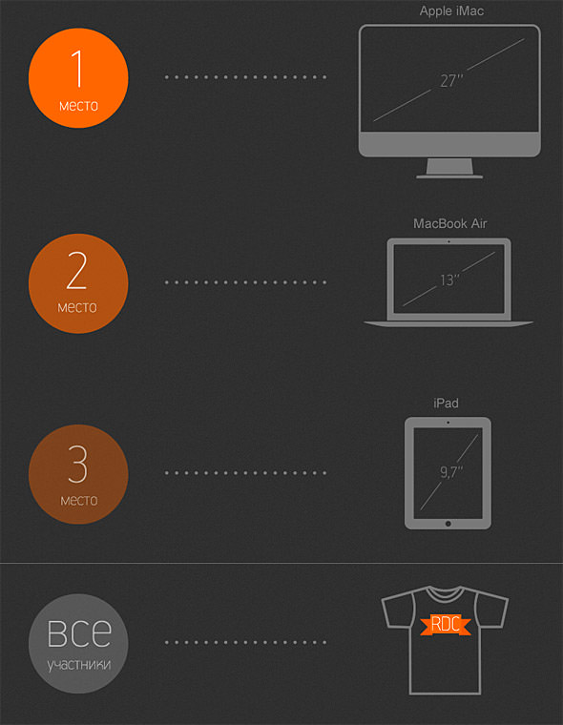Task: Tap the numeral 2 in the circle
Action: pos(76,272)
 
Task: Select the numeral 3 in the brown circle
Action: pos(77,465)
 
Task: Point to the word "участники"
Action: pos(78,665)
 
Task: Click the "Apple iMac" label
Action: pos(451,11)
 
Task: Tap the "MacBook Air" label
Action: pos(449,224)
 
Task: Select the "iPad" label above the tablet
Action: pos(446,404)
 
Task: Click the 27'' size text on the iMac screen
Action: pos(451,81)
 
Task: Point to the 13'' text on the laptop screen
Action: pos(449,280)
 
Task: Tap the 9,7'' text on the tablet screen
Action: pos(451,471)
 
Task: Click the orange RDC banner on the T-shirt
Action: pos(446,624)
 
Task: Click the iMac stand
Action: pos(449,168)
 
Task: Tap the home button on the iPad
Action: pos(448,524)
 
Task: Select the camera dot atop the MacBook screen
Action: pos(448,241)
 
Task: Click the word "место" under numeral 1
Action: pos(78,106)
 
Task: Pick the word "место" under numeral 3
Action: pos(78,500)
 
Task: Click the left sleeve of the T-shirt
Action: pos(397,611)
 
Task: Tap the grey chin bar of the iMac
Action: pos(449,144)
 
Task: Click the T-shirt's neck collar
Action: pos(445,594)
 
